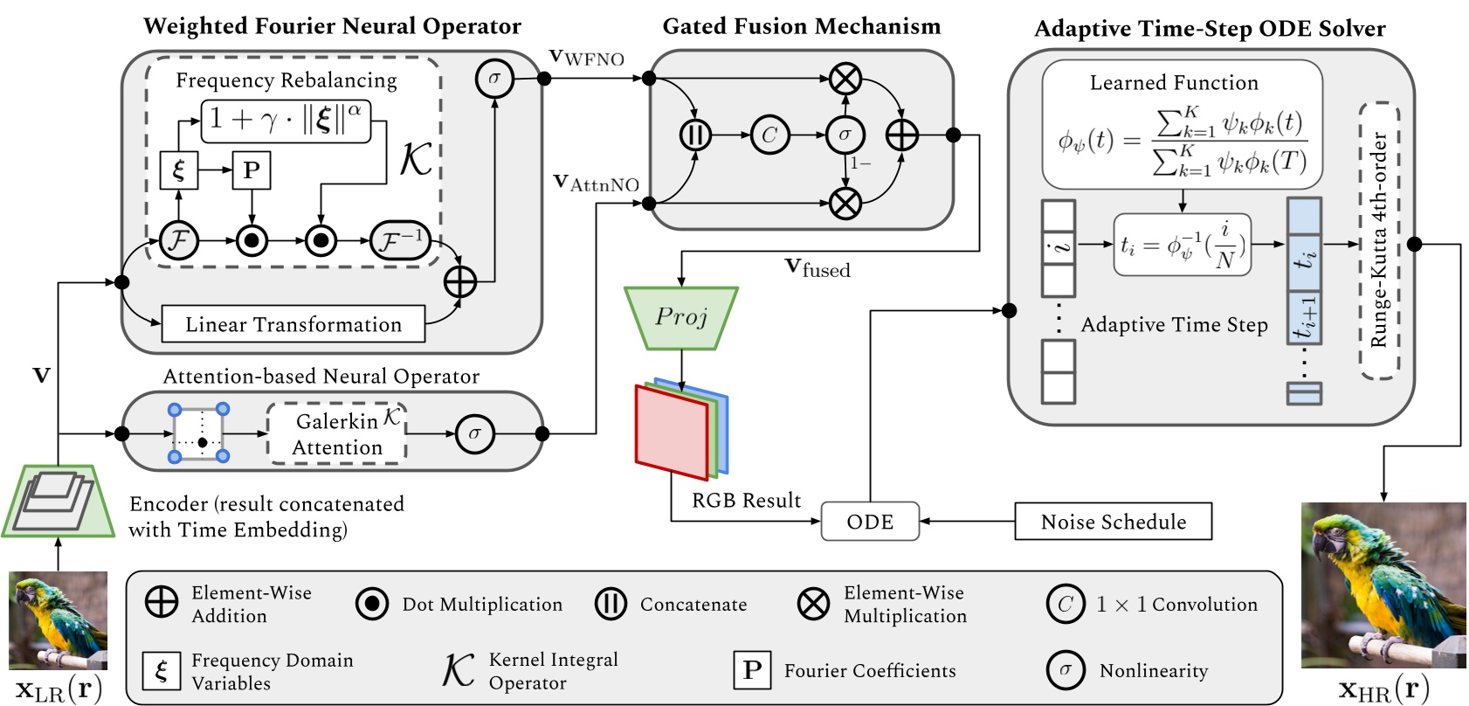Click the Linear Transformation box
point(293,324)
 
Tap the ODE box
point(870,522)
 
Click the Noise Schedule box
point(1113,522)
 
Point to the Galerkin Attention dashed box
point(337,433)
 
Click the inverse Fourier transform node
point(401,240)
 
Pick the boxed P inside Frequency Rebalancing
point(252,170)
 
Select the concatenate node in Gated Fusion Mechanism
point(695,135)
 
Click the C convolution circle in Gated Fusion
point(769,135)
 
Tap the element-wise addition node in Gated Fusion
point(901,135)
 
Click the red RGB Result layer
point(671,433)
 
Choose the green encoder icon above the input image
point(59,500)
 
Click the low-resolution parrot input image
point(58,620)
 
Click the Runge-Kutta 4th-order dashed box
point(1379,240)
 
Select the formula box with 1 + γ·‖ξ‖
point(286,121)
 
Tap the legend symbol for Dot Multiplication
point(372,604)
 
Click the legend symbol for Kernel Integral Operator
point(458,671)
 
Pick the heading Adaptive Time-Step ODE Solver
point(1209,29)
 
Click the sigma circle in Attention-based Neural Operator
point(474,433)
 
